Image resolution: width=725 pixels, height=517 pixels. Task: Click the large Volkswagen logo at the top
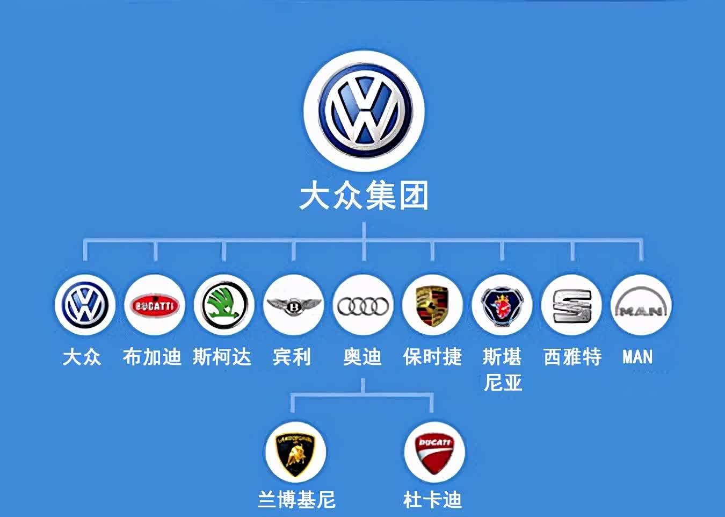pos(364,111)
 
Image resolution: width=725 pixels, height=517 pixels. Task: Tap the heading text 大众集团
pos(364,196)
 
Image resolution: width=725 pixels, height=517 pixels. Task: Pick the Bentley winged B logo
pos(294,305)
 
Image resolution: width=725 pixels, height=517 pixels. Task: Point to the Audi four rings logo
pos(363,306)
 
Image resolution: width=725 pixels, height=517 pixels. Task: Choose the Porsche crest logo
pos(432,305)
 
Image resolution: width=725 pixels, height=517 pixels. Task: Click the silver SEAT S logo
pos(572,306)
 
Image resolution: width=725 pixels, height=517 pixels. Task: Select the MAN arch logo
pos(641,303)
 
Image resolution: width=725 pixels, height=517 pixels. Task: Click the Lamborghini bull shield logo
pos(295,455)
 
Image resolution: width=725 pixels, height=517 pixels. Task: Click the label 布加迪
pos(152,357)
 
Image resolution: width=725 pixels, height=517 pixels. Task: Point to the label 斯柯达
pos(222,357)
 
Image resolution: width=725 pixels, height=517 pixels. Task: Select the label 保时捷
pos(432,357)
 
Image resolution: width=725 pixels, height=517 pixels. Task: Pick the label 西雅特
pos(572,357)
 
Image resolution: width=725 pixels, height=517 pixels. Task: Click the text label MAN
pos(637,357)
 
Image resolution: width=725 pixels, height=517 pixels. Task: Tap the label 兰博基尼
pos(296,500)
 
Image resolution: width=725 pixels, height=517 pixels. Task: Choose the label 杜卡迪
pos(432,500)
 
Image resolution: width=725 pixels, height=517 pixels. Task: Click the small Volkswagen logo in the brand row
pos(85,305)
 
